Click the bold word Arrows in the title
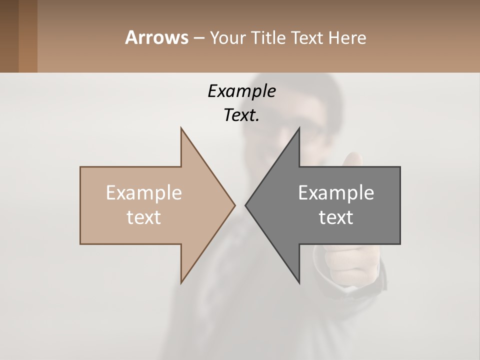tap(156, 37)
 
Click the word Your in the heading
tap(227, 37)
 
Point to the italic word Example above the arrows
tap(241, 91)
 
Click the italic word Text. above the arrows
tap(241, 115)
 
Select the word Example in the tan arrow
tap(144, 192)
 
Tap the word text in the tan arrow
tap(144, 217)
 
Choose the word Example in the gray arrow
tap(336, 192)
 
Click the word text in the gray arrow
tap(336, 217)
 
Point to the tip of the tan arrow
tap(234, 205)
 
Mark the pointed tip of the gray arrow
tap(246, 205)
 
